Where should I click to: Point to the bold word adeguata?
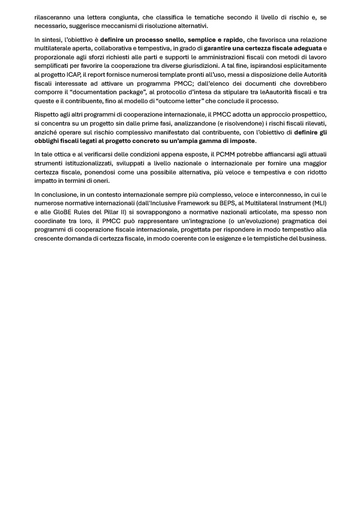(x=305, y=48)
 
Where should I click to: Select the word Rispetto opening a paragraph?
(x=46, y=114)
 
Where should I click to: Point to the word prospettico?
(x=308, y=114)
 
